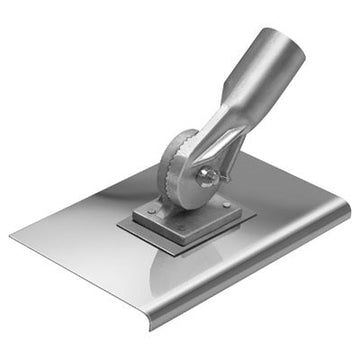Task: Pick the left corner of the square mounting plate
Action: [x=118, y=226]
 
